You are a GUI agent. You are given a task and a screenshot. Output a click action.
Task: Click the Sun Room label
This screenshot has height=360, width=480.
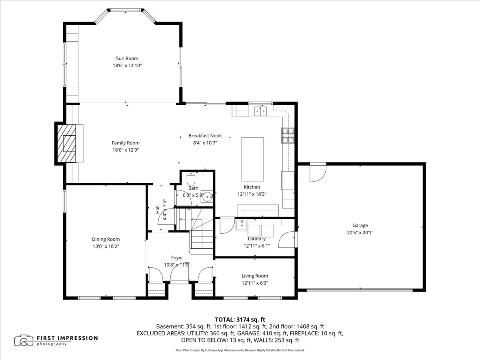click(127, 58)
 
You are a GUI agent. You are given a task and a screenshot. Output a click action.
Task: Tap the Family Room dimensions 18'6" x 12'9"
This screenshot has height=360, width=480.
click(126, 150)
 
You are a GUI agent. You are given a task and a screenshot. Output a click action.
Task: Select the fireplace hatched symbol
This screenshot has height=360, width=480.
click(66, 143)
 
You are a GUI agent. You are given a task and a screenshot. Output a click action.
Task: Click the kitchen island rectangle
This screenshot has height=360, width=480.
click(252, 160)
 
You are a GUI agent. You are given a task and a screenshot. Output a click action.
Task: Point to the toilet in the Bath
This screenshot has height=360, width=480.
click(190, 175)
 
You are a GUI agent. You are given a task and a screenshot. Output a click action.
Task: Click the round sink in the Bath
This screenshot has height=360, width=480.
click(207, 197)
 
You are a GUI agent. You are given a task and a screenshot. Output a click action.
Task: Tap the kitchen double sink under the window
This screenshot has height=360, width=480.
click(260, 111)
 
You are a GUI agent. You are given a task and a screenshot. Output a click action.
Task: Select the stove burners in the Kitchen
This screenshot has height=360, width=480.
click(288, 135)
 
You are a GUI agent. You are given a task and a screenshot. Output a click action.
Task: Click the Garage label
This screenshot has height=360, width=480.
click(360, 225)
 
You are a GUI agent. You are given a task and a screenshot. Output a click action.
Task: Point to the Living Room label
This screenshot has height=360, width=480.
click(255, 276)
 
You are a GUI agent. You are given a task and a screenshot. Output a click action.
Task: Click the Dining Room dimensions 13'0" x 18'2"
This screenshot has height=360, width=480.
click(106, 246)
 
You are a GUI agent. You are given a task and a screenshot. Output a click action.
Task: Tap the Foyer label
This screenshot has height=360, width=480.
click(177, 258)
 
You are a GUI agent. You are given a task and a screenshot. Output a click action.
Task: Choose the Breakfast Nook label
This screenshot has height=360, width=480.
click(205, 136)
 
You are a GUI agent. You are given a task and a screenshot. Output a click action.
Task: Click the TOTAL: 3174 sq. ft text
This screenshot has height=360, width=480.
click(240, 319)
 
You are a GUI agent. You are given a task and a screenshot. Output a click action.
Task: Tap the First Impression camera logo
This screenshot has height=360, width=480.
click(24, 340)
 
